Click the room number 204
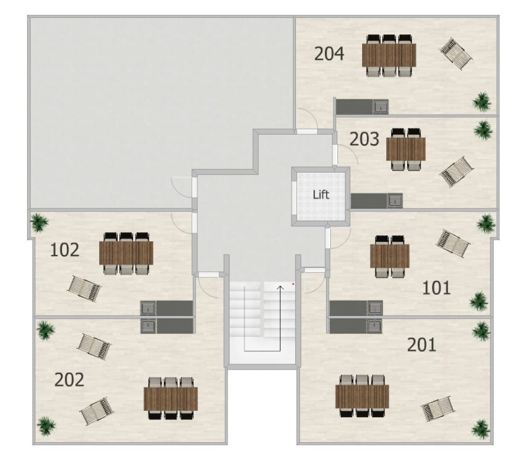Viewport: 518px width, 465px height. tap(329, 54)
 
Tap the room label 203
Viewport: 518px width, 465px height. tap(364, 139)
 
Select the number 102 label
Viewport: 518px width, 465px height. tap(65, 250)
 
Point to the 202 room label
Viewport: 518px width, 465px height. tap(69, 380)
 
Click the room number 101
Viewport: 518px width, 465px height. tap(436, 288)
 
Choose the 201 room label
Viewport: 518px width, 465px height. tap(422, 345)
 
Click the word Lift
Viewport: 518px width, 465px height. tap(321, 195)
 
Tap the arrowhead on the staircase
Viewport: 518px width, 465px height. tap(280, 288)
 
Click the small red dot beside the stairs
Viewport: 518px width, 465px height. tap(293, 283)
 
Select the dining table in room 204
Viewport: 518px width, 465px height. tap(389, 55)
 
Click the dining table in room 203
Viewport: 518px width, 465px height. tap(406, 150)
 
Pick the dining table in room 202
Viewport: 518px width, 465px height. tap(171, 399)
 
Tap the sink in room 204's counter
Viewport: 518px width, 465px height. tap(381, 107)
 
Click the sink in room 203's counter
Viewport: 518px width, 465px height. tap(395, 201)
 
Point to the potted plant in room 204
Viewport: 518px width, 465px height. tap(481, 102)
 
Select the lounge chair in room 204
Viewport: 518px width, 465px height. tap(455, 54)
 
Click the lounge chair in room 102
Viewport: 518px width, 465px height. tap(84, 288)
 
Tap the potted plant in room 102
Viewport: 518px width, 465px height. tap(39, 222)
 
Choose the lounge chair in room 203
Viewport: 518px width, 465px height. tap(458, 172)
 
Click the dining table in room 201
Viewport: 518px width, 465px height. tap(362, 397)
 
